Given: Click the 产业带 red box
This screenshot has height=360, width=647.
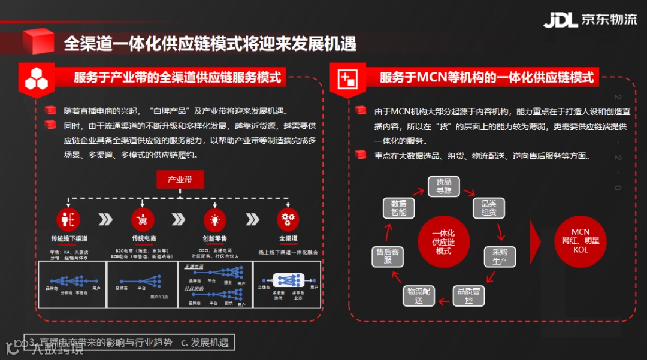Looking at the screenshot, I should click(x=180, y=179).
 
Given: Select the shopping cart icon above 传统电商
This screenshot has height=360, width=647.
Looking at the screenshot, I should click(x=143, y=220).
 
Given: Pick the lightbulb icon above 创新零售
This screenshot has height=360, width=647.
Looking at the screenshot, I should click(x=215, y=220).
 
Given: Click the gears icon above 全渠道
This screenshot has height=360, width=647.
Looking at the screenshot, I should click(x=288, y=220).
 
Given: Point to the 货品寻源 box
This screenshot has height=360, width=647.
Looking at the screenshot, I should click(x=444, y=186).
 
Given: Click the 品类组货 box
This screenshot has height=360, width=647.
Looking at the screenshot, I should click(x=489, y=208).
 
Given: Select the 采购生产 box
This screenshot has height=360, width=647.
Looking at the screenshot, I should click(x=500, y=256).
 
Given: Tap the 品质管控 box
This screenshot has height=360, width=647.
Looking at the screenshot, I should click(x=468, y=295).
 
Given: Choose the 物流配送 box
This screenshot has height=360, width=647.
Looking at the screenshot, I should click(x=419, y=295).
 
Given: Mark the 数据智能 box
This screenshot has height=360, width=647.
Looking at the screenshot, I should click(x=398, y=208).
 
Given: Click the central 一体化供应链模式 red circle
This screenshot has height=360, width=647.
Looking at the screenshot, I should click(x=443, y=241).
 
